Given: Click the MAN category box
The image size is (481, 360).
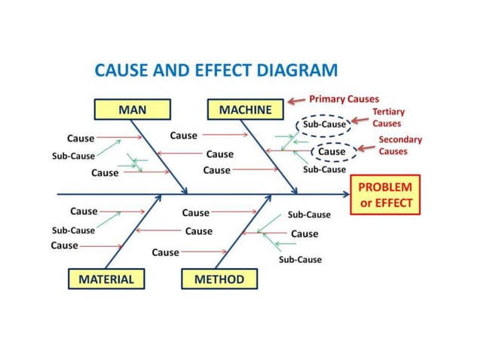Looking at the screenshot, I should [x=133, y=110].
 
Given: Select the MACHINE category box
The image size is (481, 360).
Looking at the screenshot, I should [x=245, y=110].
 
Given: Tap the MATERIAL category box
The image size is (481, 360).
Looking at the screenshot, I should [x=106, y=279].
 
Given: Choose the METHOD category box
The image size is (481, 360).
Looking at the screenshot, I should [x=219, y=279].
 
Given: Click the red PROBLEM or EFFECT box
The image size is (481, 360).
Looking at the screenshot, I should [x=384, y=194].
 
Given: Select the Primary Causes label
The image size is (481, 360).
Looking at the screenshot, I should [x=344, y=99].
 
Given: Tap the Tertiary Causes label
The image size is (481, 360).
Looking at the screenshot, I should [x=388, y=117].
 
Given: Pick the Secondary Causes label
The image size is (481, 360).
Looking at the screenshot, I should [x=400, y=145].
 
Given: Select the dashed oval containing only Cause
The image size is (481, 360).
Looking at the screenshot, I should [x=332, y=151].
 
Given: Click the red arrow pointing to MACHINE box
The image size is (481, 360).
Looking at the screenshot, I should [x=297, y=99].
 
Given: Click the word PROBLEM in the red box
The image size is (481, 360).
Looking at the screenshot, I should [x=384, y=187].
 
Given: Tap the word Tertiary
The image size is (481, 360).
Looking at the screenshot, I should [x=388, y=112].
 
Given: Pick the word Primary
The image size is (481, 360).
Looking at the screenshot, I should [x=327, y=99].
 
